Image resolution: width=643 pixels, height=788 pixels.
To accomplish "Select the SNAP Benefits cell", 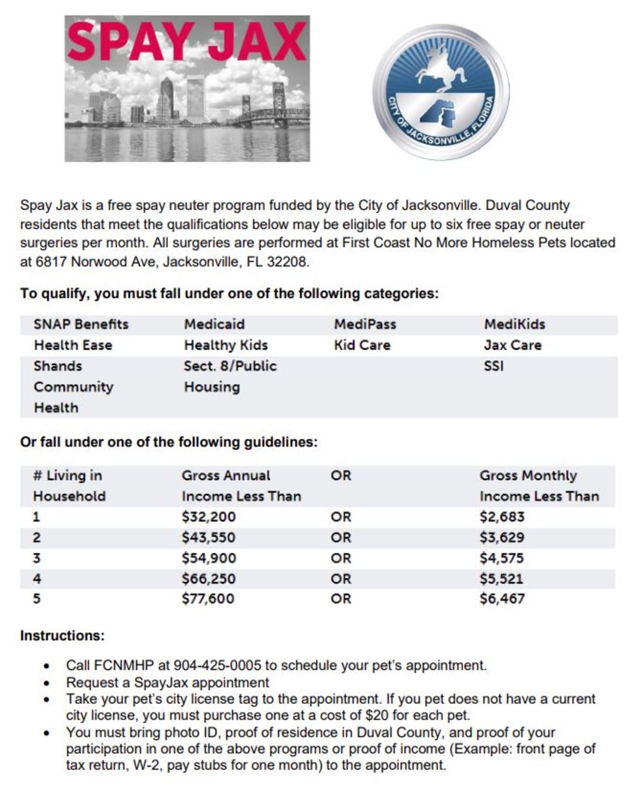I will (x=81, y=324).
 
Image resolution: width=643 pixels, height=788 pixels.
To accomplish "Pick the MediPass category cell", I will (x=365, y=324).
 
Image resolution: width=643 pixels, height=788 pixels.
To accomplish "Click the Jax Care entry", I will (x=513, y=345).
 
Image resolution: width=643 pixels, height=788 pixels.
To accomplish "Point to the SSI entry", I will (x=493, y=366).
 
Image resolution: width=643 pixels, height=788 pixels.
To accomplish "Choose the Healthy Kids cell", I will (x=225, y=345).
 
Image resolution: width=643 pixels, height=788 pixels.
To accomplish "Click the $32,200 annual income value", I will (x=209, y=517).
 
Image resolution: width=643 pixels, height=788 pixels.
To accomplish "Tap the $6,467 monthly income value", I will (x=502, y=599).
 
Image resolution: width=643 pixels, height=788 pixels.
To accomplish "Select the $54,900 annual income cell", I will (x=209, y=558).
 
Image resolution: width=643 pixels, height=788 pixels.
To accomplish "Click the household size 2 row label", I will (x=37, y=537).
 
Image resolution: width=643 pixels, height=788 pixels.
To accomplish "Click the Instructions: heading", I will (x=62, y=636).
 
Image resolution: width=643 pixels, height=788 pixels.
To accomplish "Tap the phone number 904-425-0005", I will (x=217, y=666).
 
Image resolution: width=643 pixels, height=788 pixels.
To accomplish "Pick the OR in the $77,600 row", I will (x=341, y=599).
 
